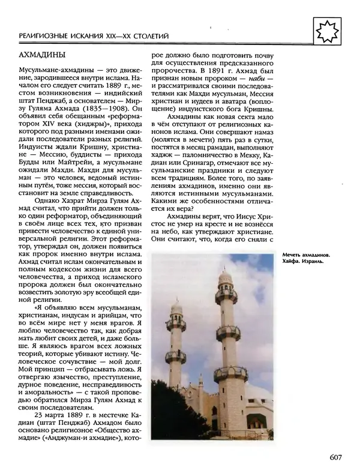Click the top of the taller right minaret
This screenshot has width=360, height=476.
[x=226, y=273]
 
